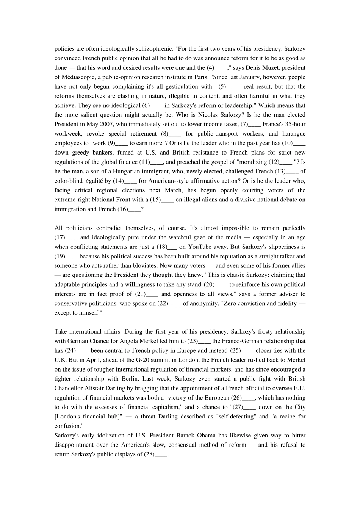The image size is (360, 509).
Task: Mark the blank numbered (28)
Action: [161, 454]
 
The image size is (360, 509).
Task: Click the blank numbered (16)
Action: [134, 209]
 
